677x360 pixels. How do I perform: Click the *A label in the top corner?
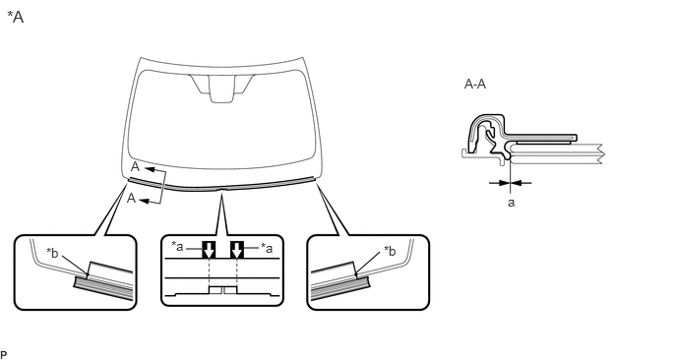pos(16,17)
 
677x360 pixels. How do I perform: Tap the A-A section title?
pos(475,84)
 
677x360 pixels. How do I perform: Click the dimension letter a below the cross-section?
pos(512,203)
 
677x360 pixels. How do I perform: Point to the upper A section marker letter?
pos(135,167)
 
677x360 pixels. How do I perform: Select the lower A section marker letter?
pos(131,198)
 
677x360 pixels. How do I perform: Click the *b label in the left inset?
pos(52,253)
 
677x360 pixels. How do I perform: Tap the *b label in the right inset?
pos(390,251)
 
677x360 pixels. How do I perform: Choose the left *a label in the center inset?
pos(177,247)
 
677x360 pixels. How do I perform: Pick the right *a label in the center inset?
pos(267,248)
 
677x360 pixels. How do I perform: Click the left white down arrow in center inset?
pos(209,250)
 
